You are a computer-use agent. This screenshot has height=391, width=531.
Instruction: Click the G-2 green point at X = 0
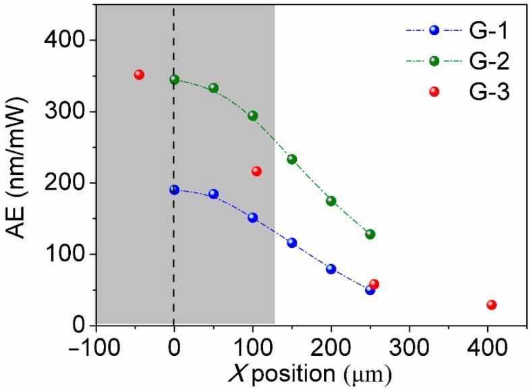click(x=174, y=80)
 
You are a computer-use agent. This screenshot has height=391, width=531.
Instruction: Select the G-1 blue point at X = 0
click(x=174, y=190)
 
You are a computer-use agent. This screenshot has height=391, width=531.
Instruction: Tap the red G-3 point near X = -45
click(x=139, y=74)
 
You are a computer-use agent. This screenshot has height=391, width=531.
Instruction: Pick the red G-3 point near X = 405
click(x=491, y=305)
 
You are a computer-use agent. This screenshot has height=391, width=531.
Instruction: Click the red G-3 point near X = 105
click(x=256, y=171)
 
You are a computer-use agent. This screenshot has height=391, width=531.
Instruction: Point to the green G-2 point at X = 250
click(x=370, y=234)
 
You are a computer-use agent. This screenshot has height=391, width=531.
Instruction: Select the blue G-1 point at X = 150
click(x=291, y=242)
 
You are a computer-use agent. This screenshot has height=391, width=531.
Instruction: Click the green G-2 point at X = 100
click(x=252, y=115)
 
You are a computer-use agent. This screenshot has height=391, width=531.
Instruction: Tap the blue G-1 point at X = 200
click(x=331, y=269)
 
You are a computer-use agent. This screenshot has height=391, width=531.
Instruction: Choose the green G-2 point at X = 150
click(x=291, y=159)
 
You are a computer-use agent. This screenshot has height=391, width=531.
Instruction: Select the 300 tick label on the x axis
click(x=409, y=344)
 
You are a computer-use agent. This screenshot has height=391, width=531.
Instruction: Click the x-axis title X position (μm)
click(x=302, y=372)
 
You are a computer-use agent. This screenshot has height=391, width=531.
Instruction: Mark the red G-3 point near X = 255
click(x=374, y=284)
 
